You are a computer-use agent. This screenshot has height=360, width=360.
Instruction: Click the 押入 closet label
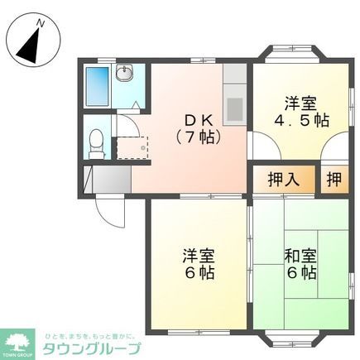coord(284,178)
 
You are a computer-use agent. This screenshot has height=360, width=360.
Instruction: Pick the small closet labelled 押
coord(333,178)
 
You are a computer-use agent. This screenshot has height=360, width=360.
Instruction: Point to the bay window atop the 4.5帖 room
coord(294,55)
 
